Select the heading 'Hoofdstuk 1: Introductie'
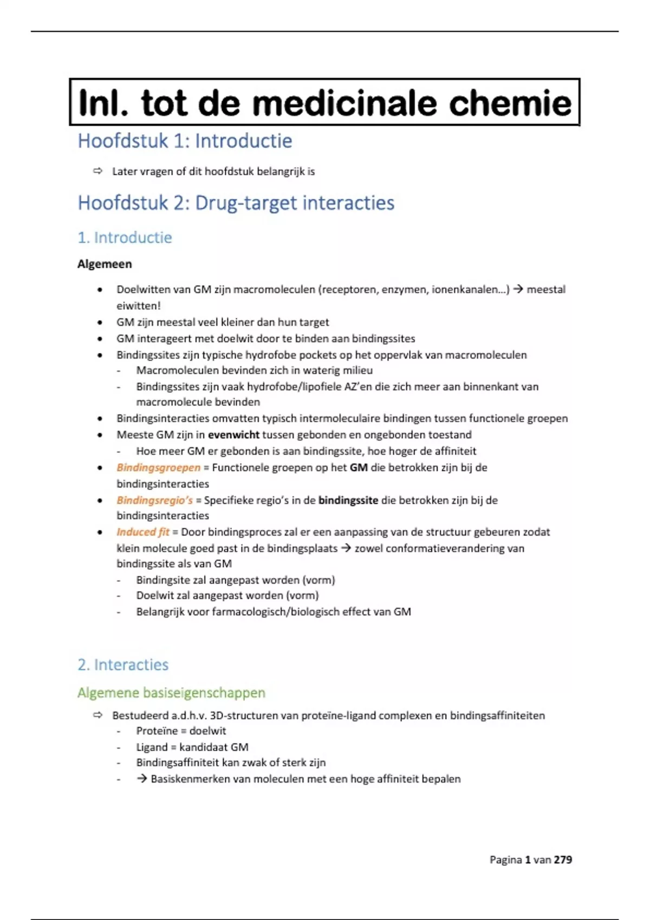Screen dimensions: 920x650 pyautogui.click(x=185, y=141)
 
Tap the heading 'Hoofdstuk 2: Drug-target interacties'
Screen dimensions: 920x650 pyautogui.click(x=236, y=203)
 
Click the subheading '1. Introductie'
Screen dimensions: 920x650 pyautogui.click(x=125, y=238)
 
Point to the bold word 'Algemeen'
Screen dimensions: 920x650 pyautogui.click(x=105, y=264)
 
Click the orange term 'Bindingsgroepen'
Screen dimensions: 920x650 pyautogui.click(x=158, y=468)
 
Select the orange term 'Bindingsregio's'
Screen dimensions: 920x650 pyautogui.click(x=154, y=500)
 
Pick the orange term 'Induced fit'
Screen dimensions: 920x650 pyautogui.click(x=143, y=532)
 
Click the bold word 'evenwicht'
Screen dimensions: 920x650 pyautogui.click(x=233, y=435)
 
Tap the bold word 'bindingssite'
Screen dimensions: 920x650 pyautogui.click(x=348, y=500)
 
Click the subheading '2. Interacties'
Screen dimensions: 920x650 pyautogui.click(x=123, y=665)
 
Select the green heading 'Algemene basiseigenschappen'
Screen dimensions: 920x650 pyautogui.click(x=171, y=693)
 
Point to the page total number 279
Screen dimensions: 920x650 pyautogui.click(x=563, y=860)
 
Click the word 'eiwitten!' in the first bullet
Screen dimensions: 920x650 pyautogui.click(x=139, y=306)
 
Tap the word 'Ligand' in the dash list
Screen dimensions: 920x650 pyautogui.click(x=152, y=747)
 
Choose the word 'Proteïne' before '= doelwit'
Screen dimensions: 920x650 pyautogui.click(x=157, y=731)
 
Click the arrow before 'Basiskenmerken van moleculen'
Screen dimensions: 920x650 pyautogui.click(x=142, y=779)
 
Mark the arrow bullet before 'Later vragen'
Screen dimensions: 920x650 pyautogui.click(x=97, y=172)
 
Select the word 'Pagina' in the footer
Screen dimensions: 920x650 pyautogui.click(x=506, y=860)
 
